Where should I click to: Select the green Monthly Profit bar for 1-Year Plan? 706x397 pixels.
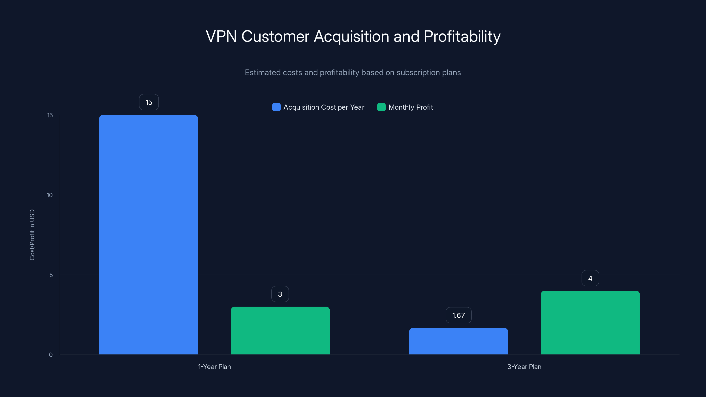click(x=280, y=330)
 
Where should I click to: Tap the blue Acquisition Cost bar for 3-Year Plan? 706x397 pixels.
click(x=458, y=341)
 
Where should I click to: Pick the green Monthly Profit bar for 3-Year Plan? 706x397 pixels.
click(x=590, y=322)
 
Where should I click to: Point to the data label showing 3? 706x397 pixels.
click(x=280, y=294)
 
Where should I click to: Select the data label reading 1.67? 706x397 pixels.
click(x=458, y=315)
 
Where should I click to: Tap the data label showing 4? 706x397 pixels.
click(x=590, y=278)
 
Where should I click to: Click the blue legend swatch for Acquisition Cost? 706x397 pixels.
click(x=276, y=107)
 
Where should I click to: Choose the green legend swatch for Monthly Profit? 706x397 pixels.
click(x=381, y=107)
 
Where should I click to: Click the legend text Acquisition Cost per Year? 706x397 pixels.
click(x=324, y=107)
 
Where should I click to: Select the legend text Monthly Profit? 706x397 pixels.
click(x=411, y=107)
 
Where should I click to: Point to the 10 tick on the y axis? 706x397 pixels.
click(x=50, y=195)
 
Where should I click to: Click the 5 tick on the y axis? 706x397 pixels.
click(x=51, y=275)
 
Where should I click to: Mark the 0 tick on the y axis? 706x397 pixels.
click(x=51, y=355)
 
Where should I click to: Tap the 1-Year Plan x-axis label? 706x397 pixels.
click(x=214, y=367)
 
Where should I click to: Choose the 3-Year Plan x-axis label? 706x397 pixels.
click(x=524, y=367)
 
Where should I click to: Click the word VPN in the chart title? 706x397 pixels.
click(x=221, y=36)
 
